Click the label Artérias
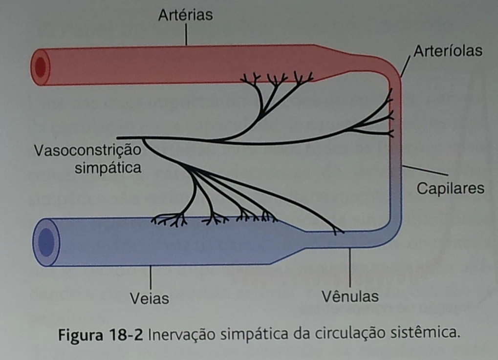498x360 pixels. coord(185,15)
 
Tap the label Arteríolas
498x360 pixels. coord(448,51)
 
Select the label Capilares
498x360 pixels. coord(451,189)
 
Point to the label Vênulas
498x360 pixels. coord(350,296)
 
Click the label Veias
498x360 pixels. coord(150,298)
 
